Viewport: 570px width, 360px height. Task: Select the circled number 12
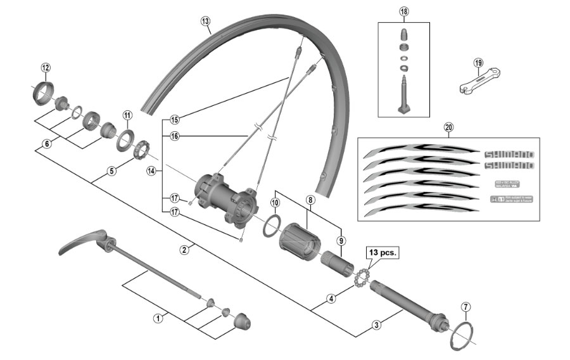coord(45,68)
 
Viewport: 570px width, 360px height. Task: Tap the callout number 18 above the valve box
coord(404,12)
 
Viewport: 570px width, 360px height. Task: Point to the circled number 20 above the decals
coord(448,127)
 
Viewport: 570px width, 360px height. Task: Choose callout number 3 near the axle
coord(376,325)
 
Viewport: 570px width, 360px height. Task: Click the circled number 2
coord(184,250)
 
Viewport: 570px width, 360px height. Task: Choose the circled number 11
coord(127,115)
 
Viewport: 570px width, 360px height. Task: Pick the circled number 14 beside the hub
coord(151,170)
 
